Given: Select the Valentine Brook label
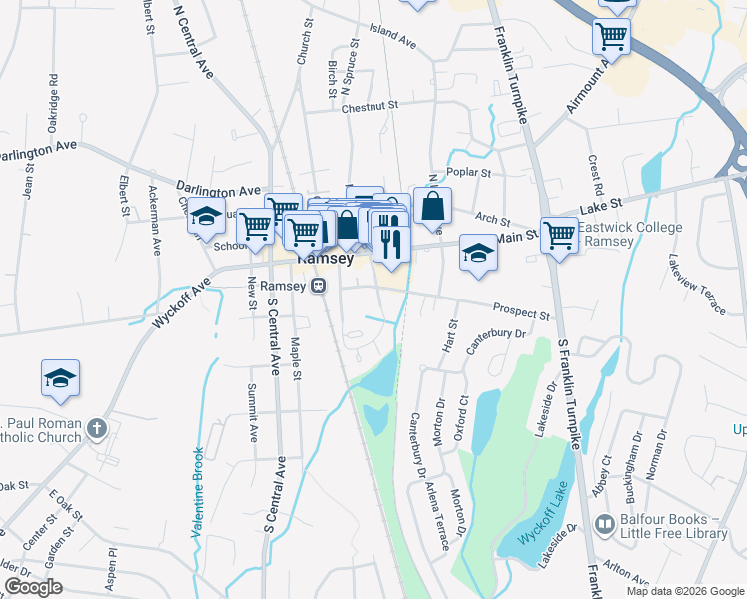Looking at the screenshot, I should coord(198,494).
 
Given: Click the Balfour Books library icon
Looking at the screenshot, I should coord(605,525).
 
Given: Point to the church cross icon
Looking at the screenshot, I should coord(96,429).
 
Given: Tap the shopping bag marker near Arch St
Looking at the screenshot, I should coord(432,207).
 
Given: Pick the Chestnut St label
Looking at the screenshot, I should coord(370,105).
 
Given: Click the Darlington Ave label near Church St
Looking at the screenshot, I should coord(218,189).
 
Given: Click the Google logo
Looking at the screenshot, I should coord(34,587).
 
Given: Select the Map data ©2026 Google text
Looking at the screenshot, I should coord(685,591).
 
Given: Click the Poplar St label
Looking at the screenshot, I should coord(470,172).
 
